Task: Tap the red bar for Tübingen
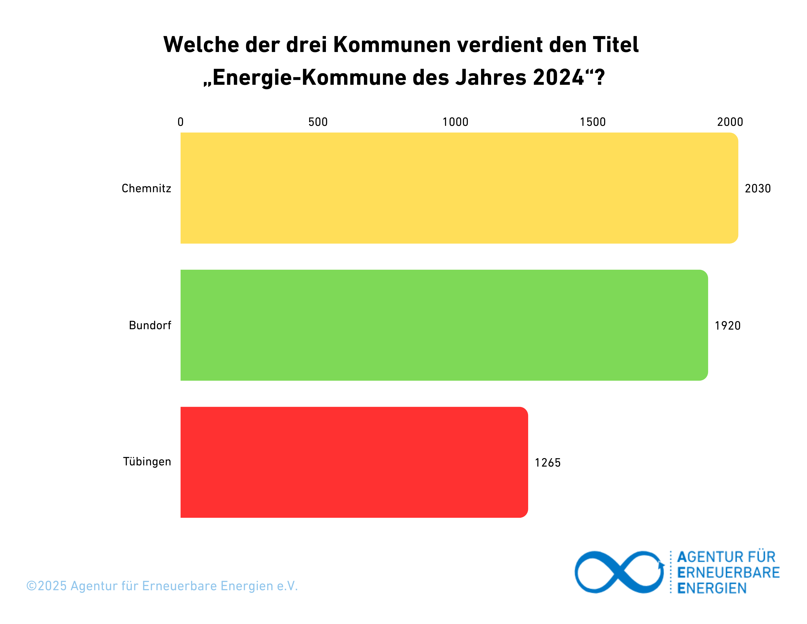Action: (x=354, y=462)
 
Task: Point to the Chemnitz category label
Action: (x=146, y=189)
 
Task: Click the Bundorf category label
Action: (x=150, y=325)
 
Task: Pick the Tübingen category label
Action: (x=147, y=462)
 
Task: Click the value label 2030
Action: (x=757, y=189)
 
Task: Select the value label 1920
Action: (x=728, y=326)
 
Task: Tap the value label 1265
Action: (x=548, y=463)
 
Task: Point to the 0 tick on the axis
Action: (x=180, y=122)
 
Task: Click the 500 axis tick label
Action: (x=318, y=122)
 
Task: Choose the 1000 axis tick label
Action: (x=455, y=122)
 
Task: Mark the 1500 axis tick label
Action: (x=593, y=122)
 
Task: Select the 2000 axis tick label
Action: (x=730, y=122)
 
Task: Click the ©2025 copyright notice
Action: (x=162, y=586)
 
